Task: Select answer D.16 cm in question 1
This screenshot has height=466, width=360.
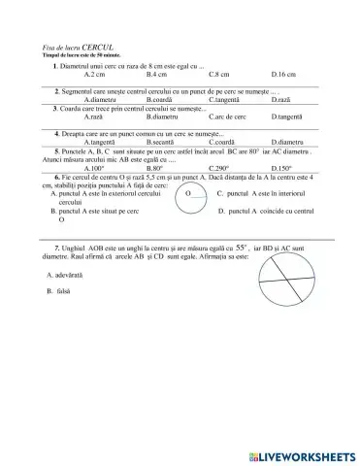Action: [x=283, y=74]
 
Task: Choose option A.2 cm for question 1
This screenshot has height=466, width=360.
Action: [x=95, y=74]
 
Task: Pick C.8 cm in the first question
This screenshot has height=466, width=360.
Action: [x=218, y=74]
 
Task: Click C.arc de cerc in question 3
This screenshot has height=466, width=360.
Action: [x=226, y=116]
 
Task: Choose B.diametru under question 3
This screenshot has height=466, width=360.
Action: [x=162, y=116]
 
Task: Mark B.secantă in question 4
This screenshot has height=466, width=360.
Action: [x=161, y=142]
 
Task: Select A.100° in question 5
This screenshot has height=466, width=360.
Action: [x=95, y=167]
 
